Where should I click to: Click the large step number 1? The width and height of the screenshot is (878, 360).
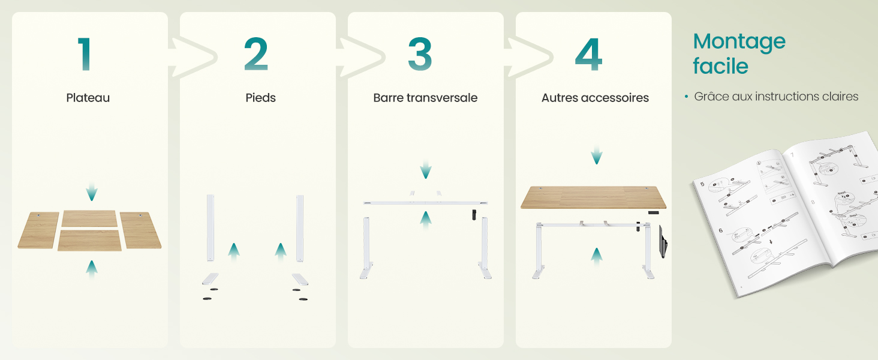(x=85, y=55)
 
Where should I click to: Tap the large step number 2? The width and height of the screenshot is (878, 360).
(x=256, y=55)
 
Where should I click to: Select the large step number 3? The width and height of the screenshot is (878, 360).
(x=420, y=55)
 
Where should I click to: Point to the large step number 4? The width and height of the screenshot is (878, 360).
(x=588, y=55)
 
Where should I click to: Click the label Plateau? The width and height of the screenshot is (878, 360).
(x=88, y=98)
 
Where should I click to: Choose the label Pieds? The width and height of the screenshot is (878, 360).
(x=260, y=98)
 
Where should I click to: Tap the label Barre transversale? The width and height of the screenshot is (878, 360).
(x=425, y=98)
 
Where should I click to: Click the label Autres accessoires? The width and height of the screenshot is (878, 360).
(x=595, y=98)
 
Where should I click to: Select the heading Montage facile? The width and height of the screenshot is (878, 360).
(x=739, y=53)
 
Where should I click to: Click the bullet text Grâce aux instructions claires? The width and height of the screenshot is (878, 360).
(x=776, y=97)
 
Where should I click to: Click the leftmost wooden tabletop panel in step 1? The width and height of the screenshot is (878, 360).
(x=38, y=230)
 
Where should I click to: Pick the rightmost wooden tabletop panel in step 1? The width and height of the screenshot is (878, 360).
(x=141, y=230)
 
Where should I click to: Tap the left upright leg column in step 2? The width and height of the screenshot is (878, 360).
(x=211, y=227)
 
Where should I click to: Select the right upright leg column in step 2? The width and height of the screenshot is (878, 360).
(x=300, y=227)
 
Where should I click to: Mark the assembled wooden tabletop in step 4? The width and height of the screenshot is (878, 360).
(x=593, y=197)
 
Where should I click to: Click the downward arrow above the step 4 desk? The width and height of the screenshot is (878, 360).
(x=596, y=155)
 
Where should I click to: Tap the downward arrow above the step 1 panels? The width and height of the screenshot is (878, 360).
(x=91, y=192)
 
